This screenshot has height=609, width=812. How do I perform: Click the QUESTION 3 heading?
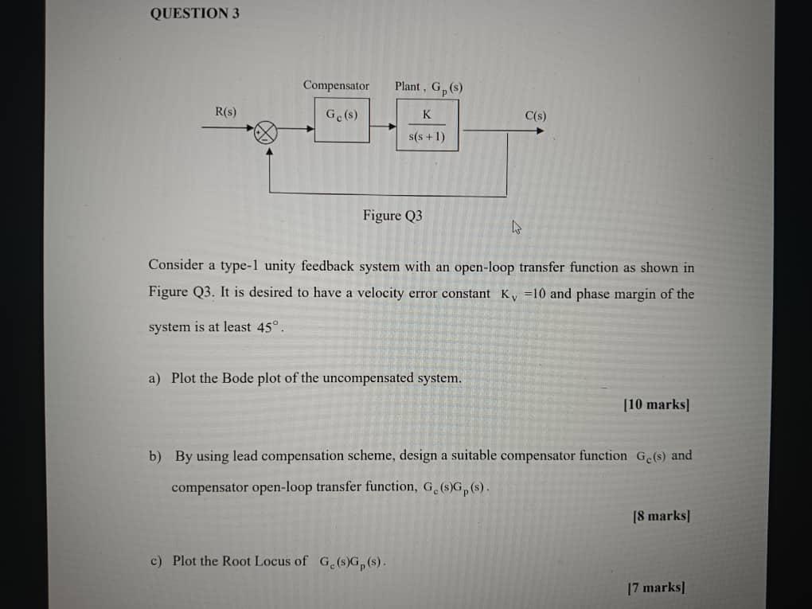tap(194, 13)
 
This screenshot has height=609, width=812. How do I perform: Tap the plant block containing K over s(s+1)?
tap(427, 126)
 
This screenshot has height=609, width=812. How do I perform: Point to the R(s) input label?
tap(225, 112)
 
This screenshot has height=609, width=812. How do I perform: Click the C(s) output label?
tap(536, 115)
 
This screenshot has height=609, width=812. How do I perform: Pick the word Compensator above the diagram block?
tap(336, 85)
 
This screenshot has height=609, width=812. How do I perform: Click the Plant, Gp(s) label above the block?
tap(428, 87)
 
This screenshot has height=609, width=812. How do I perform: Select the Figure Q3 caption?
tap(392, 215)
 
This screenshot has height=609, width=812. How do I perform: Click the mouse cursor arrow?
tap(516, 228)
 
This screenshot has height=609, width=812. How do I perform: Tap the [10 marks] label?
tap(657, 404)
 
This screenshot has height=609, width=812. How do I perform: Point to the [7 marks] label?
tap(657, 588)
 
